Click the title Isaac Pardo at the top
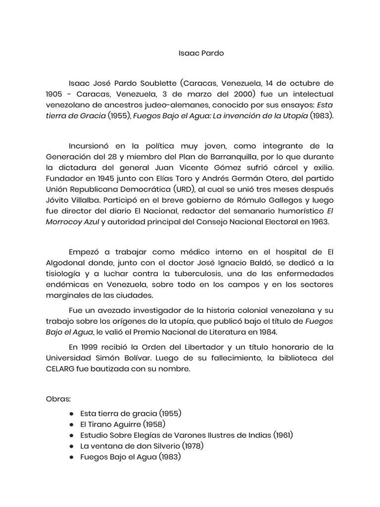coord(193,53)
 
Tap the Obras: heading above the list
coord(59,399)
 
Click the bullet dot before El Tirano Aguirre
coord(72,424)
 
